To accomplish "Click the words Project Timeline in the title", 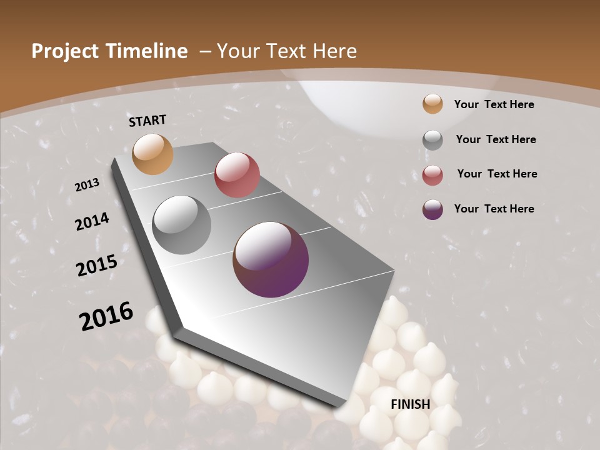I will pos(109,51).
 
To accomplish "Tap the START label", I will pos(147,121).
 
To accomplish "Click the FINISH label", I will pos(411,404).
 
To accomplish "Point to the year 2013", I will pos(87,185).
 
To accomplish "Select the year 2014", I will pos(92,221).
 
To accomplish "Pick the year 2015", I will pos(97,265).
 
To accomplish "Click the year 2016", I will pos(106,316).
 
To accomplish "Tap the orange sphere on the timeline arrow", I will pos(153,154).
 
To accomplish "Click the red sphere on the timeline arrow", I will pos(237,175).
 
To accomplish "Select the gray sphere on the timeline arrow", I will pos(182,225).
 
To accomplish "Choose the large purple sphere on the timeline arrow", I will pos(271,259).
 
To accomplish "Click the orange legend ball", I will pos(432,104).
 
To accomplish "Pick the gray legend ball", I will pos(432,140).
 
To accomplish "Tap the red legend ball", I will pos(432,175).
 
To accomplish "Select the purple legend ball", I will pos(432,209).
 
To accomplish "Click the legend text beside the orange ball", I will pos(494,104).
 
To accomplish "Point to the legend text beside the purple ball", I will pos(494,209).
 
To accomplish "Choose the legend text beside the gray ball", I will pos(496,139).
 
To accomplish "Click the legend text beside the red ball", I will pos(497,174).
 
